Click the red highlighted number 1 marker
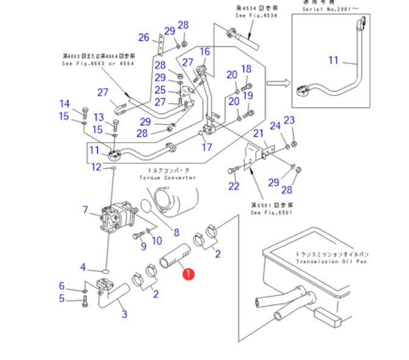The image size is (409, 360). pyautogui.click(x=189, y=274)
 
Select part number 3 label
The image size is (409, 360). pyautogui.click(x=124, y=314)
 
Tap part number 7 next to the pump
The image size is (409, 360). pyautogui.click(x=86, y=210)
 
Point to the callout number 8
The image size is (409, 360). pyautogui.click(x=176, y=232)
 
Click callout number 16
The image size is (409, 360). pyautogui.click(x=204, y=52)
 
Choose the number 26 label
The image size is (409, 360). pyautogui.click(x=144, y=38)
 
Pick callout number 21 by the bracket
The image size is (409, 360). pyautogui.click(x=257, y=133)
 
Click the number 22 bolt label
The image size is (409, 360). pyautogui.click(x=234, y=186)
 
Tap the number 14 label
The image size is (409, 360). pyautogui.click(x=65, y=104)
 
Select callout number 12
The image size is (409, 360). pyautogui.click(x=96, y=167)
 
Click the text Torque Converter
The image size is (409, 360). pyautogui.click(x=168, y=177)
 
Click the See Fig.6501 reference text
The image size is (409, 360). pyautogui.click(x=272, y=213)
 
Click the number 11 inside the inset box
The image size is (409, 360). pyautogui.click(x=333, y=60)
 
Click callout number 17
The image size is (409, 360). pyautogui.click(x=207, y=147)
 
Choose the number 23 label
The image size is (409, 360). pyautogui.click(x=289, y=120)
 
